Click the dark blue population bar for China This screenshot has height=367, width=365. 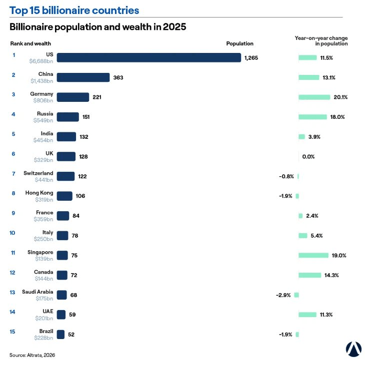click(x=83, y=77)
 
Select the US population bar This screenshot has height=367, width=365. click(x=149, y=57)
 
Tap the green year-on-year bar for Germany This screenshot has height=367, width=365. click(x=314, y=97)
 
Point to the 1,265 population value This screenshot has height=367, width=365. click(x=251, y=58)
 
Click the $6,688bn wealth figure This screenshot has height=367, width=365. click(x=41, y=61)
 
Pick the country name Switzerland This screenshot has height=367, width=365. click(x=38, y=173)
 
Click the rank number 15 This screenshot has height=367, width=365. click(x=12, y=332)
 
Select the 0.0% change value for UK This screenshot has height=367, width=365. click(x=308, y=157)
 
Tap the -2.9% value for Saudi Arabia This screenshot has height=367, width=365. click(x=283, y=295)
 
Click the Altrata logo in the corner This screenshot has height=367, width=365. click(x=353, y=350)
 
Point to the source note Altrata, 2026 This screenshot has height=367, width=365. click(x=32, y=356)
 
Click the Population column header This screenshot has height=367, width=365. click(x=240, y=43)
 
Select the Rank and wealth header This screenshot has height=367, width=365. click(x=30, y=43)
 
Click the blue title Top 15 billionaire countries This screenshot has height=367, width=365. click(x=74, y=10)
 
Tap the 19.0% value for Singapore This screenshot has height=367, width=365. click(x=339, y=255)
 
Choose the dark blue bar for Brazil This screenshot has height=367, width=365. click(x=60, y=335)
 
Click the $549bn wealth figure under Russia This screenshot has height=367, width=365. click(x=43, y=120)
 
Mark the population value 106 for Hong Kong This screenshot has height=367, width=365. click(x=80, y=196)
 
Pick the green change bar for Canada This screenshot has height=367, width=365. click(x=310, y=275)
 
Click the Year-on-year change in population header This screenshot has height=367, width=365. click(x=321, y=41)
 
